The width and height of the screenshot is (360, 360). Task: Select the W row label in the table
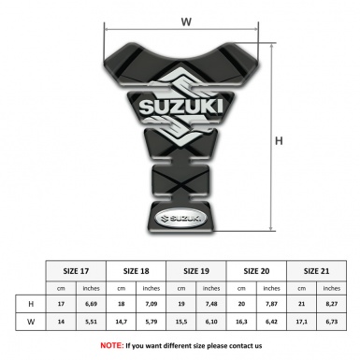coord(31,322)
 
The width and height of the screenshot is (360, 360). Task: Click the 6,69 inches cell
coord(92,304)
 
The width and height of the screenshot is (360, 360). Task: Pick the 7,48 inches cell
coord(213,304)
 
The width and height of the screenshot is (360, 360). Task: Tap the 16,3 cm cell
coord(243,322)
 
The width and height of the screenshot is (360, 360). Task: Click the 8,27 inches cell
coord(331,304)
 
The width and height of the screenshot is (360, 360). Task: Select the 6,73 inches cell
coord(331,322)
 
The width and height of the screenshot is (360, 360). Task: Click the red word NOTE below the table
coord(112,344)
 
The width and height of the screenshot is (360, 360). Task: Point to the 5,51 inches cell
coord(92,322)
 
